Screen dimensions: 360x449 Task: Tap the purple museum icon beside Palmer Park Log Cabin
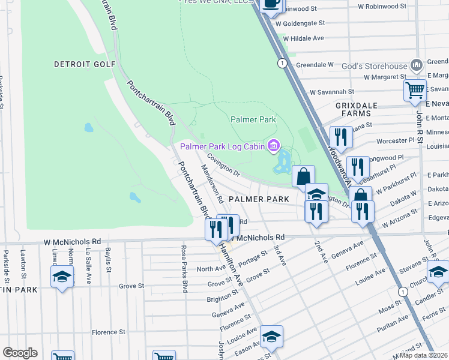tap(274, 146)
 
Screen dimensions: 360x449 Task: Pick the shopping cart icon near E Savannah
tap(415, 91)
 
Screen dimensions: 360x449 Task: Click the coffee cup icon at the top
tap(271, 4)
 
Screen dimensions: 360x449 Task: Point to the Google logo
tap(20, 353)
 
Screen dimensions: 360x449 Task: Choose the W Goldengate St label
tap(300, 23)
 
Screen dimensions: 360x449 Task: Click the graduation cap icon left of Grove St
tap(61, 277)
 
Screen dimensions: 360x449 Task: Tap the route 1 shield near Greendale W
tap(280, 63)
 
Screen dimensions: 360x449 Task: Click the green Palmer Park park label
tap(253, 119)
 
